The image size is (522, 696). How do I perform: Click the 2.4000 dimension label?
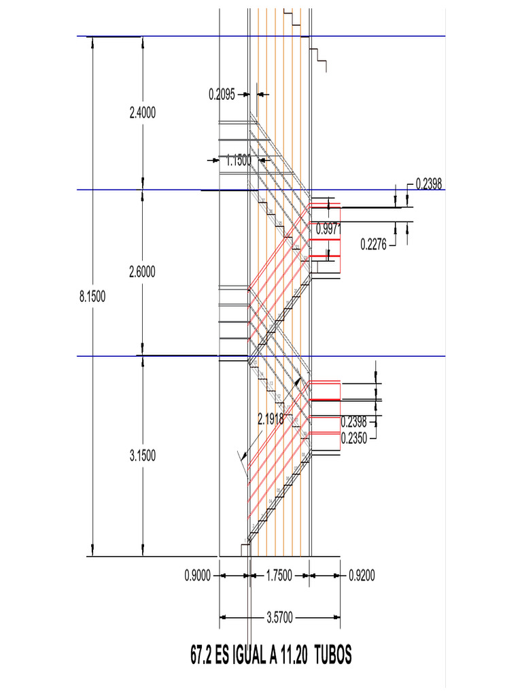[x=143, y=114]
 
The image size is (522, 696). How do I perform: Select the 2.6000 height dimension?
[x=143, y=272]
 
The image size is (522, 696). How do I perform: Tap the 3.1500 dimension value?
[x=143, y=456]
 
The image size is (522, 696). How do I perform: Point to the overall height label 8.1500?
[x=92, y=296]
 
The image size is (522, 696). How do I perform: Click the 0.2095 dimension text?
[x=222, y=95]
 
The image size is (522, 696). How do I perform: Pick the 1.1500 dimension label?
[x=239, y=160]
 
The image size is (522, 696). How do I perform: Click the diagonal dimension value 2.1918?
[x=271, y=420]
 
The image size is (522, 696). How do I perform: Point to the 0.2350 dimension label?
[x=354, y=438]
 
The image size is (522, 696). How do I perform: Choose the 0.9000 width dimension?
[x=198, y=576]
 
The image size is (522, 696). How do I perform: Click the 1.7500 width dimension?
[x=279, y=576]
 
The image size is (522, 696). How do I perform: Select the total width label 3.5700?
[x=279, y=618]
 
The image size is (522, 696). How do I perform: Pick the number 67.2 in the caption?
[x=201, y=656]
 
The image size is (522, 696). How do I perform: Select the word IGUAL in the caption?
[x=251, y=656]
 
